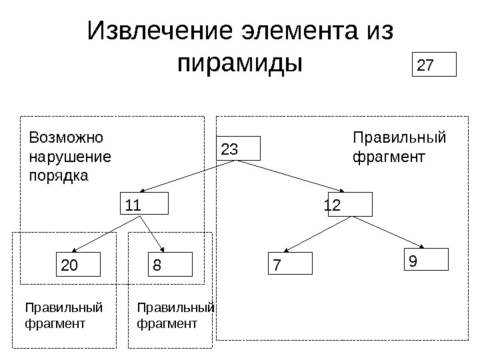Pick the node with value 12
tap(349, 205)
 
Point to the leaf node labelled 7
tap(291, 264)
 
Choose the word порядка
tap(59, 177)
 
